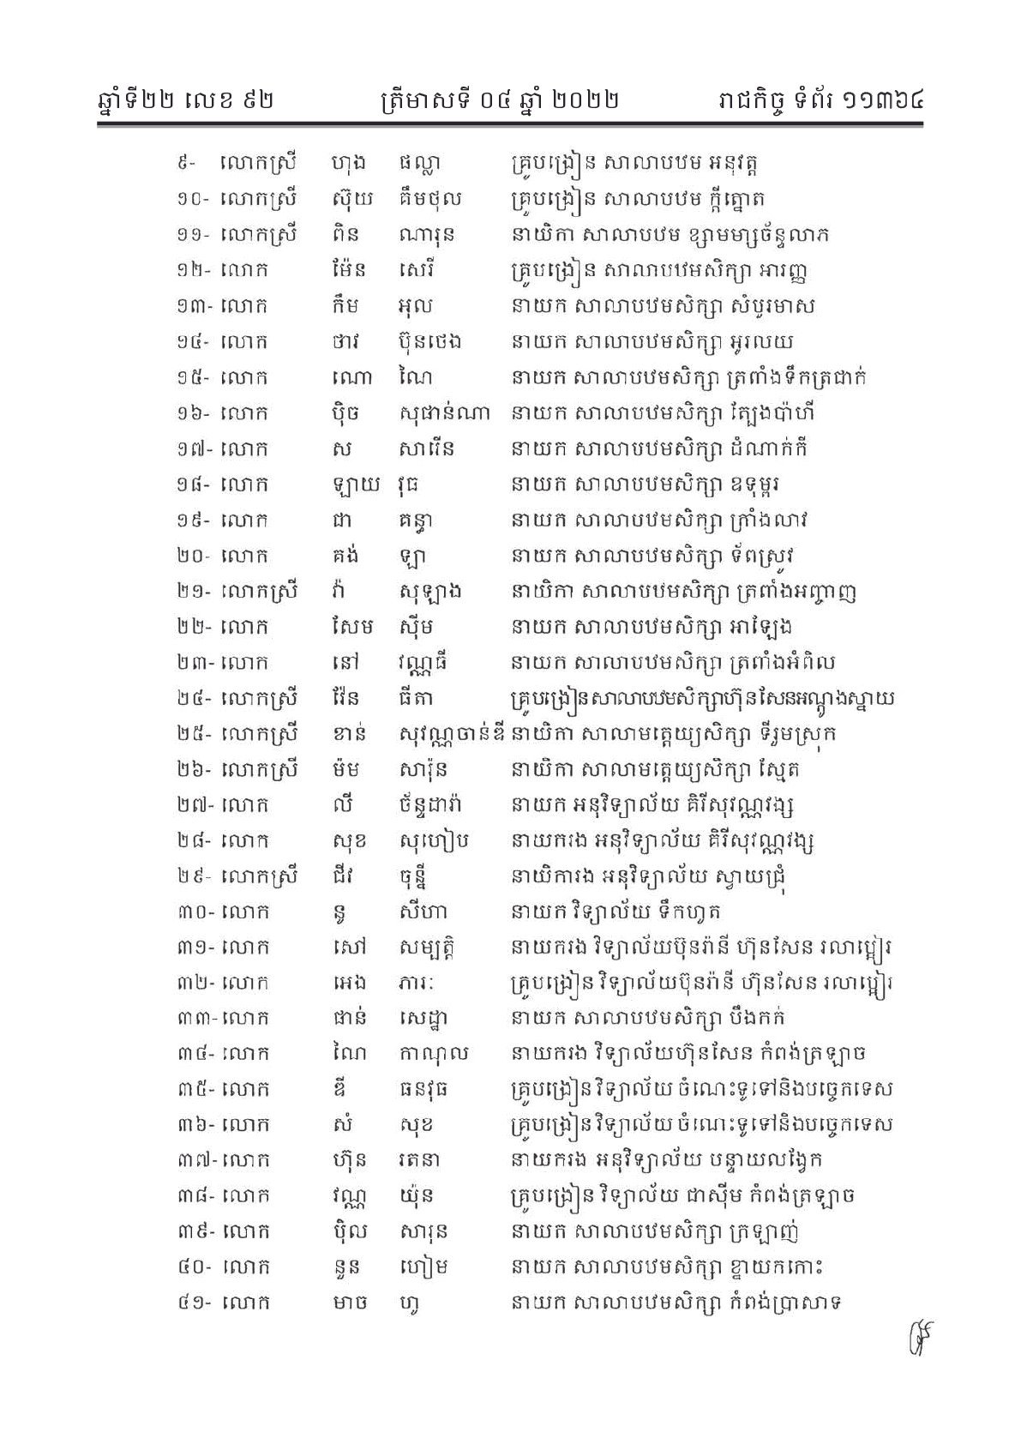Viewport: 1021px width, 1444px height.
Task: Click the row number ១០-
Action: click(x=189, y=199)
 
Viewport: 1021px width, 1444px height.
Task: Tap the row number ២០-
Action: click(x=189, y=556)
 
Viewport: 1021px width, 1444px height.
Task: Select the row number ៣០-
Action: click(x=190, y=912)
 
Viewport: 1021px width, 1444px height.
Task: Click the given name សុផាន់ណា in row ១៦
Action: click(x=445, y=413)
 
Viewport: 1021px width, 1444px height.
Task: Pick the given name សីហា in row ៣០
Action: click(x=423, y=912)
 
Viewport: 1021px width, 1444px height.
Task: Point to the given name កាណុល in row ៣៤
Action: click(x=434, y=1054)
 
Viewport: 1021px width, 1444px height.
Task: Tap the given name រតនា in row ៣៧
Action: click(x=426, y=1161)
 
